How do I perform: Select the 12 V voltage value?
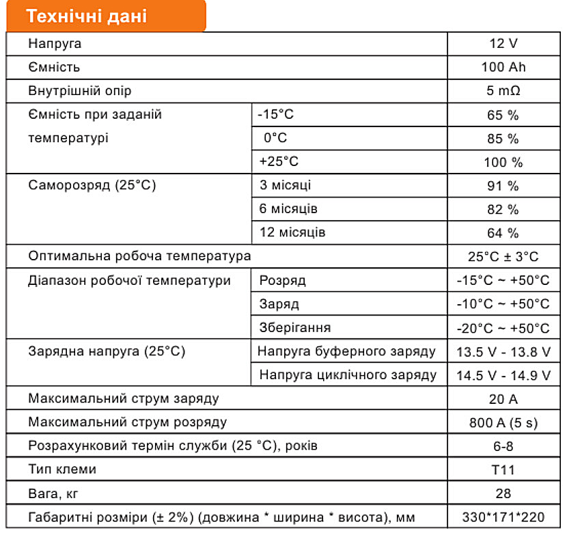pos(503,44)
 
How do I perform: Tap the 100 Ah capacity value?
pos(503,67)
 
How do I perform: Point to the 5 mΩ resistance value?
pos(503,91)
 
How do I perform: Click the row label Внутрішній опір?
pos(80,91)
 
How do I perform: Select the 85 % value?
pos(503,138)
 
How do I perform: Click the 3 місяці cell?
pos(286,185)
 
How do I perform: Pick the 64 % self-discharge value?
pos(503,233)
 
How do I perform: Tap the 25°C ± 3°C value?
pos(503,257)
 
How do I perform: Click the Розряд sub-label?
pos(282,281)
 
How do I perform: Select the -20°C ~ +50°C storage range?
pos(503,328)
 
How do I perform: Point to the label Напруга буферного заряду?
pos(347,352)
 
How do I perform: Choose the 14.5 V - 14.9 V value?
pos(503,375)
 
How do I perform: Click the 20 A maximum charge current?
pos(503,399)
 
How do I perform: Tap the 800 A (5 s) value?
pos(503,422)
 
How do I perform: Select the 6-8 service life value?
pos(503,446)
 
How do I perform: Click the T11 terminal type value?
pos(503,469)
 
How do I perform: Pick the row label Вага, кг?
pos(57,493)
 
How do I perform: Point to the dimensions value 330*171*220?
pos(503,517)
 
